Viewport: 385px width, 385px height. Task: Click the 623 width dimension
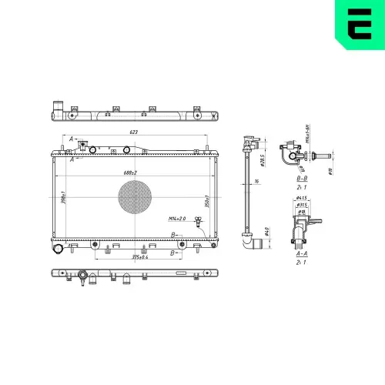[x=135, y=133]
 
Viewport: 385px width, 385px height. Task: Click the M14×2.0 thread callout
[x=176, y=219]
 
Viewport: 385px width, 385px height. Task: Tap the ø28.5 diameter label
[x=263, y=159]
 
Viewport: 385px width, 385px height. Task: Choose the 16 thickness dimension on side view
[x=256, y=182]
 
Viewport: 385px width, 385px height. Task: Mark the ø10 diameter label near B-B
[x=330, y=172]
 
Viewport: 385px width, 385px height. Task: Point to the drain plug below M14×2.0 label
[x=198, y=224]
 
